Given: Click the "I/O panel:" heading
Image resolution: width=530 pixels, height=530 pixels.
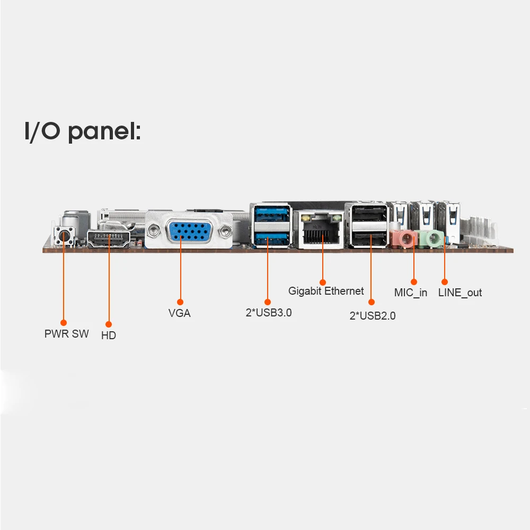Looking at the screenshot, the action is point(83,131).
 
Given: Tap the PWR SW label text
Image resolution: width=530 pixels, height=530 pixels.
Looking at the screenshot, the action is point(67,334).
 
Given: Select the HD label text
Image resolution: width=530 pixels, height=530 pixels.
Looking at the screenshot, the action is point(109,335).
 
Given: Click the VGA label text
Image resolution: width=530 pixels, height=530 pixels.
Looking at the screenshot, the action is point(180,313).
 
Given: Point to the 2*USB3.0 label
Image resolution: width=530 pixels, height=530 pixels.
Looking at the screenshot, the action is point(269,313).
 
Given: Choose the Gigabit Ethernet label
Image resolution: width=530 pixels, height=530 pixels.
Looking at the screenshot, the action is point(326,291).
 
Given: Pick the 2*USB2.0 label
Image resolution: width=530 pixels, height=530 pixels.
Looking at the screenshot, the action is point(373,316).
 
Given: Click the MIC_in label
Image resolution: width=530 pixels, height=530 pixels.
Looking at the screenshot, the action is point(411,293).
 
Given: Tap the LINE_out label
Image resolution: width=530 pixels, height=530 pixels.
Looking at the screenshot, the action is point(460,293).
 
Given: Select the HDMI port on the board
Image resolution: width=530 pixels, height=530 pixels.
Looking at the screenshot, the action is point(109,238).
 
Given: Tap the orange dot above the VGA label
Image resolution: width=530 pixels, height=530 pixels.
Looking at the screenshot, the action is point(180,302).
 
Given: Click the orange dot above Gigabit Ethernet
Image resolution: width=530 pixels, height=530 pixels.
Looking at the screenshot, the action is point(323,282).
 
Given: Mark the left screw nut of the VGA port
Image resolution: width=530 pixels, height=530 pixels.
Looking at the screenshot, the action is point(154,231).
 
